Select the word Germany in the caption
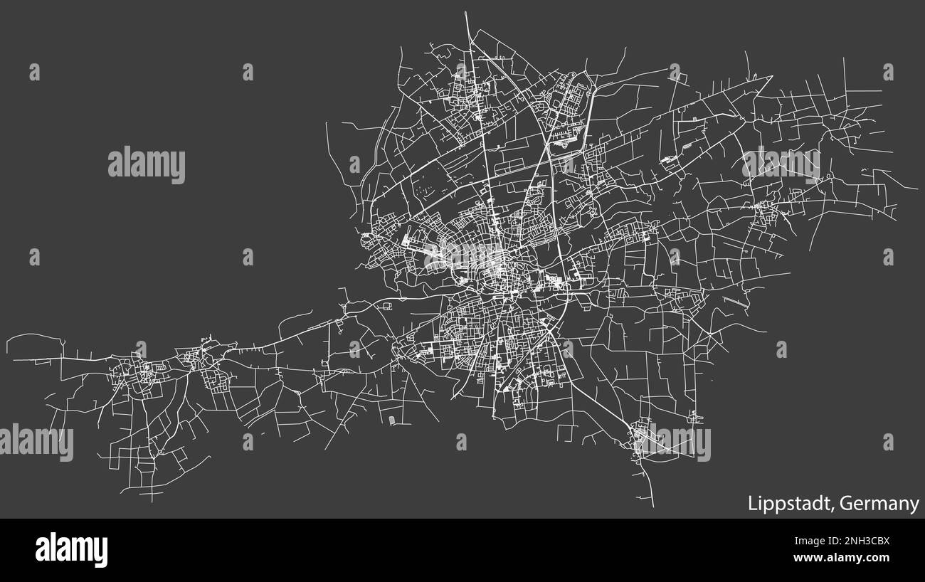pos(879,504)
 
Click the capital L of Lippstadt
pos(751,504)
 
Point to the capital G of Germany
pos(845,504)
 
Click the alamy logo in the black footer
pos(71,550)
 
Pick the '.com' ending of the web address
pos(877,558)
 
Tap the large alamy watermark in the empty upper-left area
pos(147,165)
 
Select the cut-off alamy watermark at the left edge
pos(36,443)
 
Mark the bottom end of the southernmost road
pos(653,507)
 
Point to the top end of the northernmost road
pos(465,12)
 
